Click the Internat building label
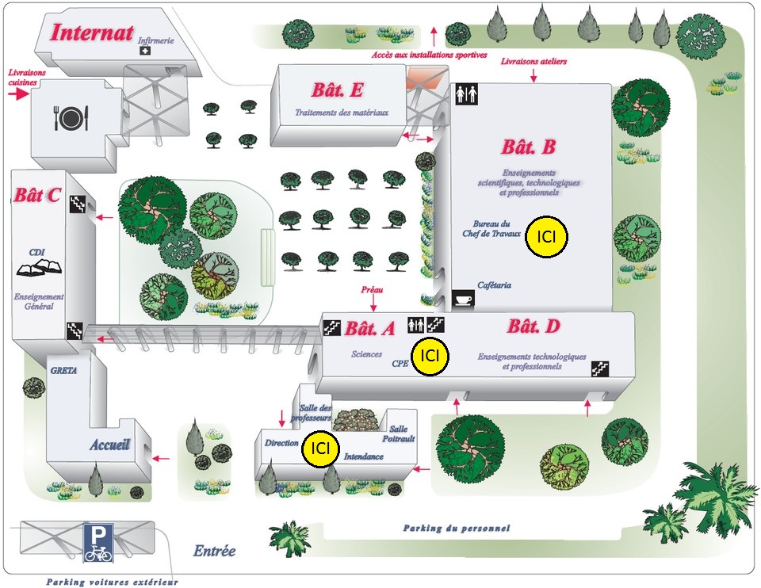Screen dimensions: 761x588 tap(91, 33)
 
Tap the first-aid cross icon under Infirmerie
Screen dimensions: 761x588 tap(145, 50)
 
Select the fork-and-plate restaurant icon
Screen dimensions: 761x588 tap(71, 117)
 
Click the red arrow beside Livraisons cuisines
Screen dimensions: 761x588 tap(20, 94)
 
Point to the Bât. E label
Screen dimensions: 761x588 tap(338, 90)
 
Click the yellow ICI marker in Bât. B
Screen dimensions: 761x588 tap(546, 236)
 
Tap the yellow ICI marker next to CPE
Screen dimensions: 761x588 tap(430, 356)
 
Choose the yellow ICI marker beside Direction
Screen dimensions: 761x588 tap(320, 449)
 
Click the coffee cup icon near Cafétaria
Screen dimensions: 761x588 tap(463, 299)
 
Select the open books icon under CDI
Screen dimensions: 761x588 tap(40, 267)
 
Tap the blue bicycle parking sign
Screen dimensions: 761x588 tap(98, 542)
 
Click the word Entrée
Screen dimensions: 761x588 tap(215, 551)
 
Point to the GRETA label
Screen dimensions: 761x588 tap(63, 370)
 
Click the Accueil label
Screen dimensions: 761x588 tap(110, 444)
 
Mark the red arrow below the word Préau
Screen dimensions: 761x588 tap(373, 304)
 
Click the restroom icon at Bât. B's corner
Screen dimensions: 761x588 tap(467, 94)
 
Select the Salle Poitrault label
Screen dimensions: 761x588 tap(399, 433)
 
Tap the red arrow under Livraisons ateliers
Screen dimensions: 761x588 tap(533, 75)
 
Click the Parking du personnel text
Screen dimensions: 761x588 tap(457, 528)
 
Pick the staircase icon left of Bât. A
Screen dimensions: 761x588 tap(332, 327)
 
